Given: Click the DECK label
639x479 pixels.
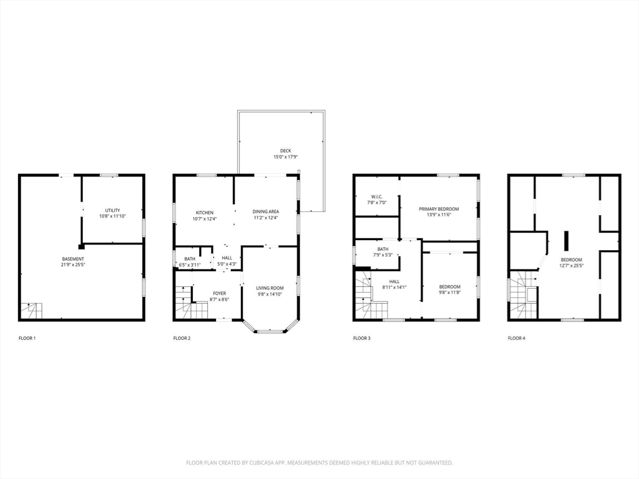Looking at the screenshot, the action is click(286, 151).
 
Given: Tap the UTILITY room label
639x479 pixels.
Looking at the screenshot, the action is click(112, 211).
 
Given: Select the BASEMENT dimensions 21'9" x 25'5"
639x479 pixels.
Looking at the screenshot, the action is click(74, 264).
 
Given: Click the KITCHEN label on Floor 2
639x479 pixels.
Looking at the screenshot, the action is click(205, 213).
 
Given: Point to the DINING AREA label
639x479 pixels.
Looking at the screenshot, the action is click(266, 211).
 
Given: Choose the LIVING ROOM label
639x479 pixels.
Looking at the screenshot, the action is click(270, 288).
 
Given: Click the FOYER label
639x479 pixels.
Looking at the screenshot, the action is click(220, 293).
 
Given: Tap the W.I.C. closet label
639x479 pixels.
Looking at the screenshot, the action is click(377, 196).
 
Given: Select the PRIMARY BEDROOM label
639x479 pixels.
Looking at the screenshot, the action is click(439, 209).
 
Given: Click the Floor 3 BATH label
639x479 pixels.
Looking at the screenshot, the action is click(383, 249).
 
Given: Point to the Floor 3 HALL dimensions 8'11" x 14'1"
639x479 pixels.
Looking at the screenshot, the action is click(394, 287).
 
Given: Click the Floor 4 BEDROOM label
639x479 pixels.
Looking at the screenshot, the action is click(572, 260).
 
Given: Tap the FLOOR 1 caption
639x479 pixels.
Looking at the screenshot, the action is click(27, 338).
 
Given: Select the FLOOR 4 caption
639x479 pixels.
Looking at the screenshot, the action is click(516, 338).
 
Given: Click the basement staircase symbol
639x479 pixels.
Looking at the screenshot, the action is click(31, 311).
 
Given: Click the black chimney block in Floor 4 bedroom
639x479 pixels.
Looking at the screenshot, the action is click(567, 241).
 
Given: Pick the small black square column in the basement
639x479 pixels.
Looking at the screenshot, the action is click(82, 246).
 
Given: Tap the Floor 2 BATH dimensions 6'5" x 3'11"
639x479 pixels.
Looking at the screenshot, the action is click(190, 264).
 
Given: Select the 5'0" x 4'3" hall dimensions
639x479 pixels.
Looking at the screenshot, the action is click(227, 264).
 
